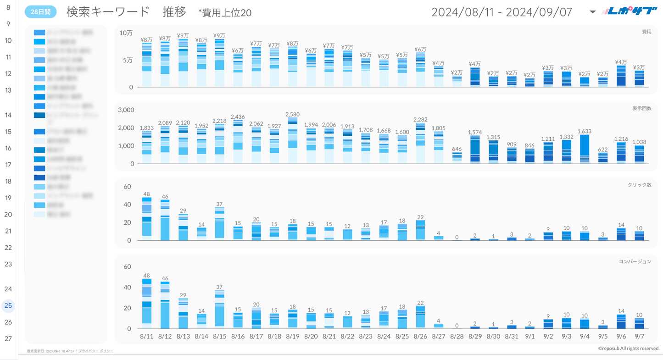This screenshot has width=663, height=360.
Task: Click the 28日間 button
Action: tap(40, 12)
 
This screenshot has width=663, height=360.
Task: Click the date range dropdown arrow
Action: tap(592, 12)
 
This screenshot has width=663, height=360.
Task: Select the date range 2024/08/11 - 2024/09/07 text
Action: tap(501, 12)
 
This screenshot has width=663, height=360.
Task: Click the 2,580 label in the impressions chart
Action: tap(292, 114)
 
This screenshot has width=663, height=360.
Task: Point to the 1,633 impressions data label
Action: tap(584, 131)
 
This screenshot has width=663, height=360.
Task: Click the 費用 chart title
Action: tap(646, 32)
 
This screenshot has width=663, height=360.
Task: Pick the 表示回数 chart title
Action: tap(641, 108)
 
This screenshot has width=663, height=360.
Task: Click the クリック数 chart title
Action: tap(639, 185)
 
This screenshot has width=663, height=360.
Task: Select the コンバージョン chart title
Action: tap(635, 261)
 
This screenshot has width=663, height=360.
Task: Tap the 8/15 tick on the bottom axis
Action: tap(219, 336)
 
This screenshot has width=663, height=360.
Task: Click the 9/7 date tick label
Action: tap(639, 336)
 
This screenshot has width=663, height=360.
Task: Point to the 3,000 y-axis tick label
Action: tap(126, 110)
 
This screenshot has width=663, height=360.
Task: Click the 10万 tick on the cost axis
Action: tap(126, 33)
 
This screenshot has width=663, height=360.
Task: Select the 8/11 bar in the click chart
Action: tap(147, 220)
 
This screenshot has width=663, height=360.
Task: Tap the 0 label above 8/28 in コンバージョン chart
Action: tap(457, 326)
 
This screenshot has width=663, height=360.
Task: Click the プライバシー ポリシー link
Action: tap(96, 351)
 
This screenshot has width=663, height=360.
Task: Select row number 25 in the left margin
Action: tap(8, 305)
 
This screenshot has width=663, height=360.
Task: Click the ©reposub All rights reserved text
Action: tap(628, 349)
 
